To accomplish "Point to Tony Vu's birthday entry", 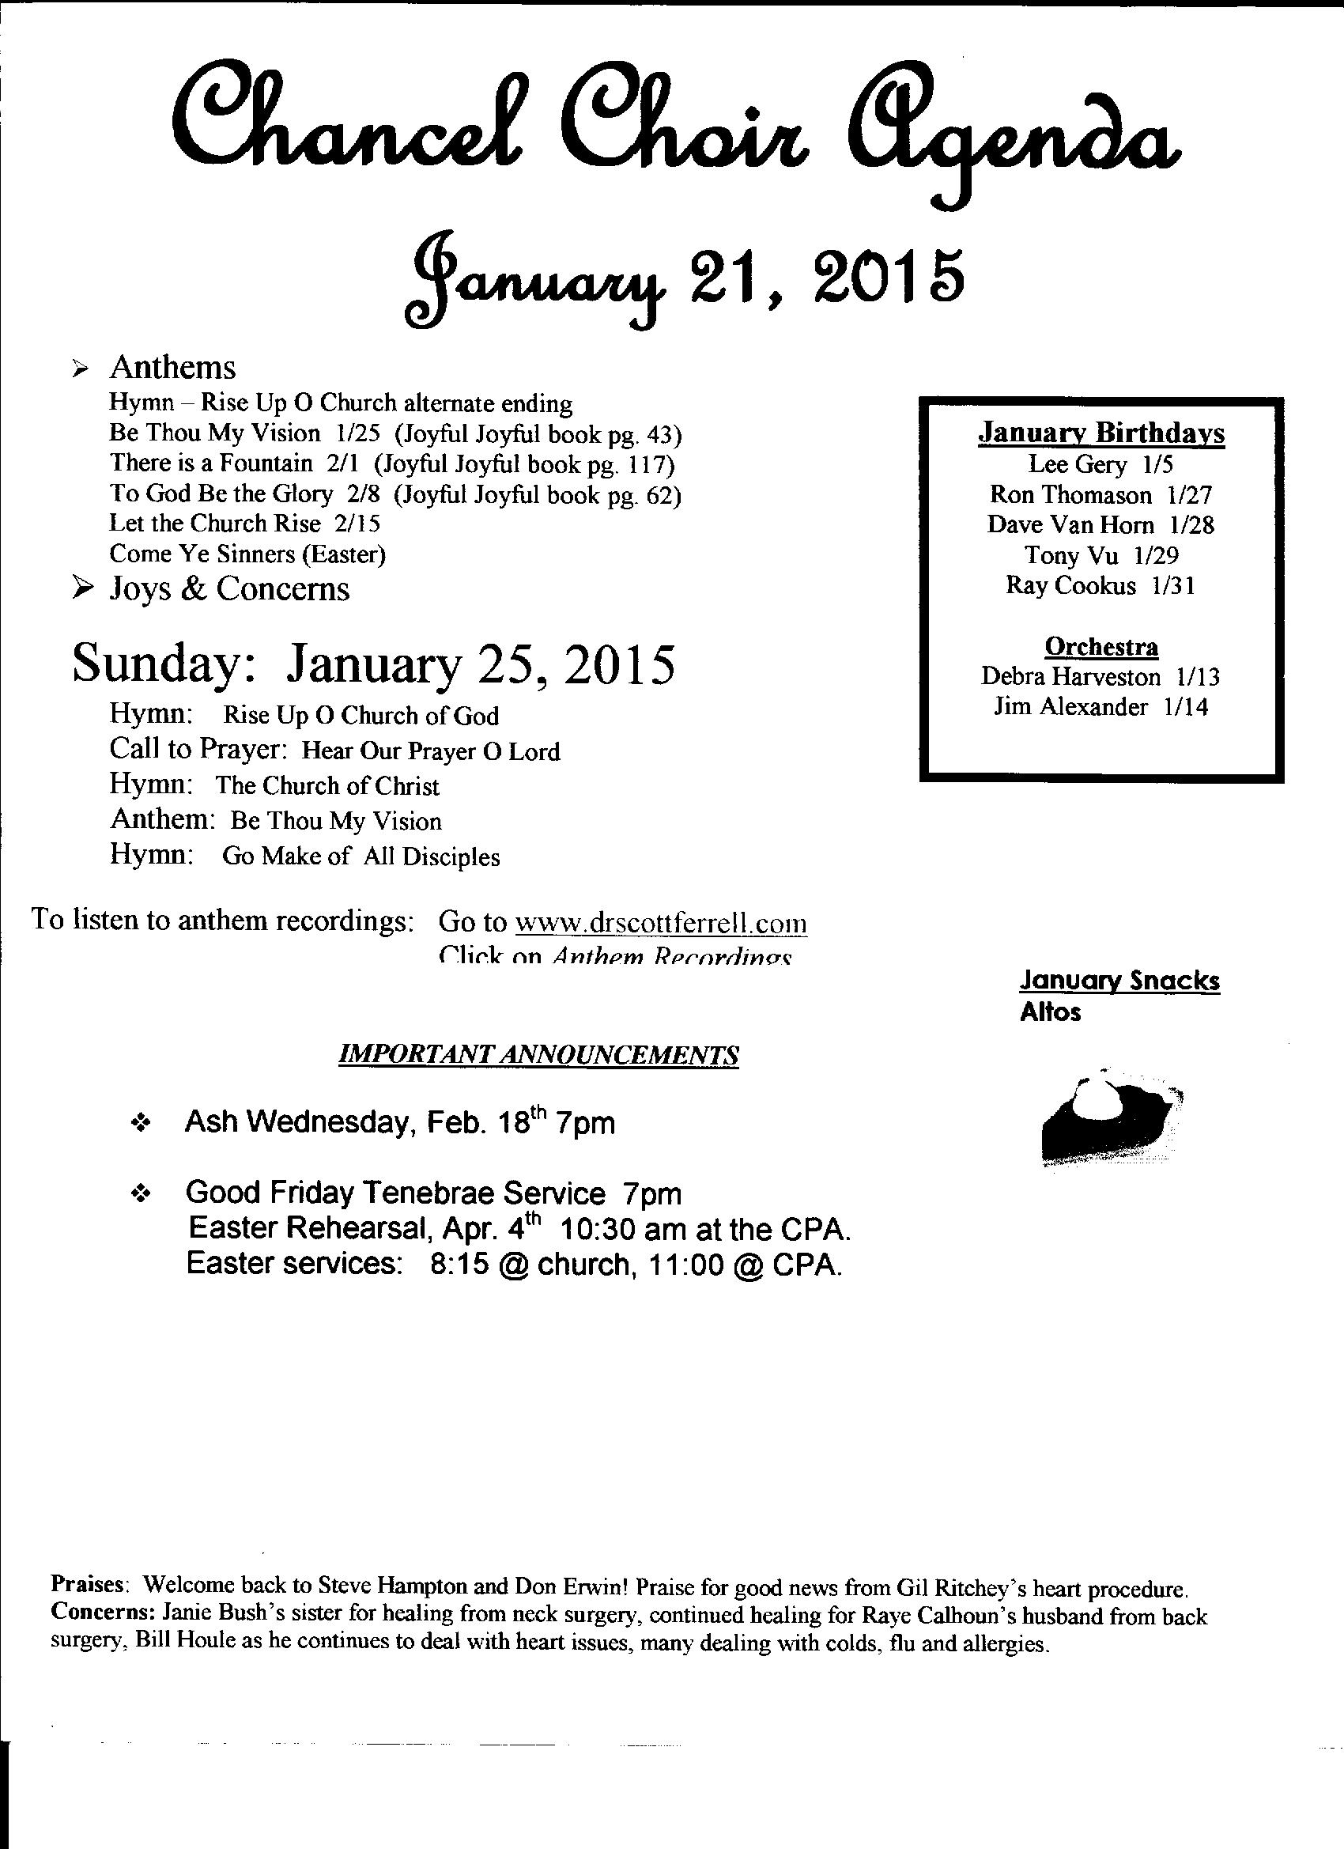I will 1101,555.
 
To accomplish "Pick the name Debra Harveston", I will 1071,677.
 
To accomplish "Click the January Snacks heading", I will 1119,981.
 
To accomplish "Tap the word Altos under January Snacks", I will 1050,1012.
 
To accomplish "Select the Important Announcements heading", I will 538,1055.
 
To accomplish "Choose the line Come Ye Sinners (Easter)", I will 247,554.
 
